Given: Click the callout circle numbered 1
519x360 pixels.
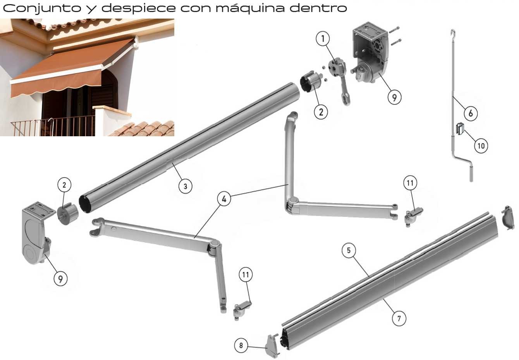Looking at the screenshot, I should (x=323, y=39).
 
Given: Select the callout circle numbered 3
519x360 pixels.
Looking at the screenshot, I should (x=186, y=186).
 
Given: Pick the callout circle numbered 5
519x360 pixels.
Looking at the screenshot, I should (x=349, y=250).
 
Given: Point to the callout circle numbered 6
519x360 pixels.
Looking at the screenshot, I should (x=471, y=113).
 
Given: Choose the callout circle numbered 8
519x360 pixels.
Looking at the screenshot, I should (x=241, y=345).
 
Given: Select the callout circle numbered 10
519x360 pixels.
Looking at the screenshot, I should (x=481, y=146).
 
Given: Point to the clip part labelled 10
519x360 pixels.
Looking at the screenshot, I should (x=460, y=129).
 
